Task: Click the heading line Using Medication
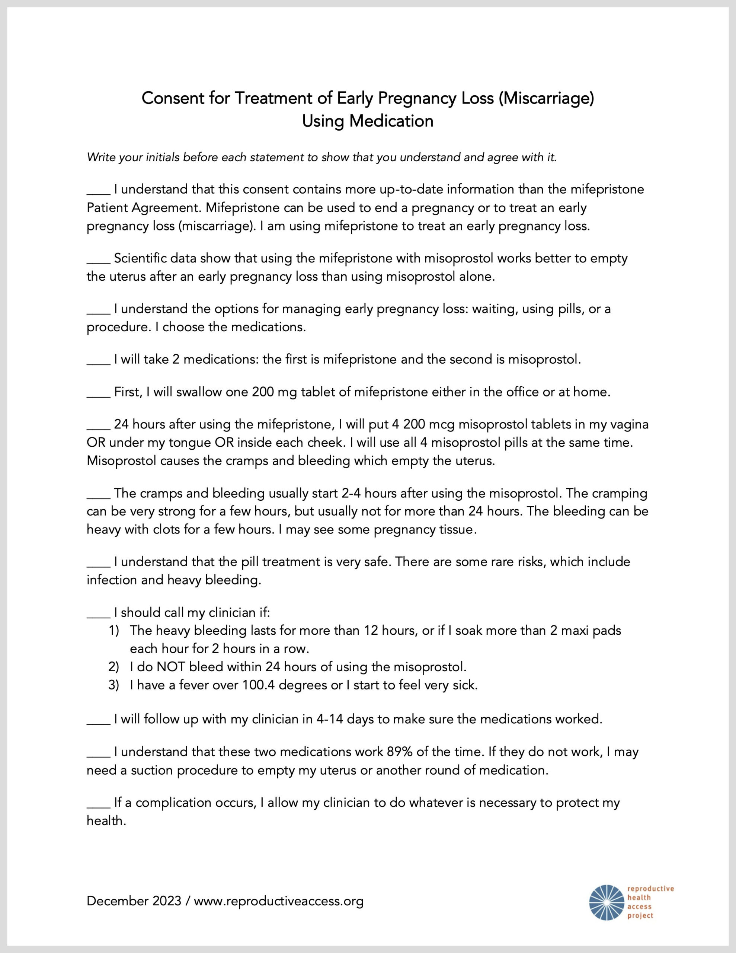pos(368,121)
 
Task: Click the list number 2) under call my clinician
pos(113,667)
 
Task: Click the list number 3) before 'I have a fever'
pos(113,685)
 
